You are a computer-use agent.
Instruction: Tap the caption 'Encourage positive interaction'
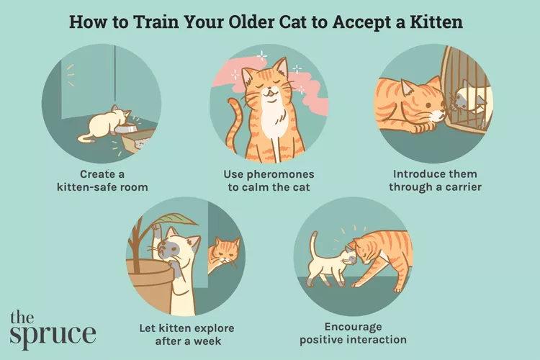353,332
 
